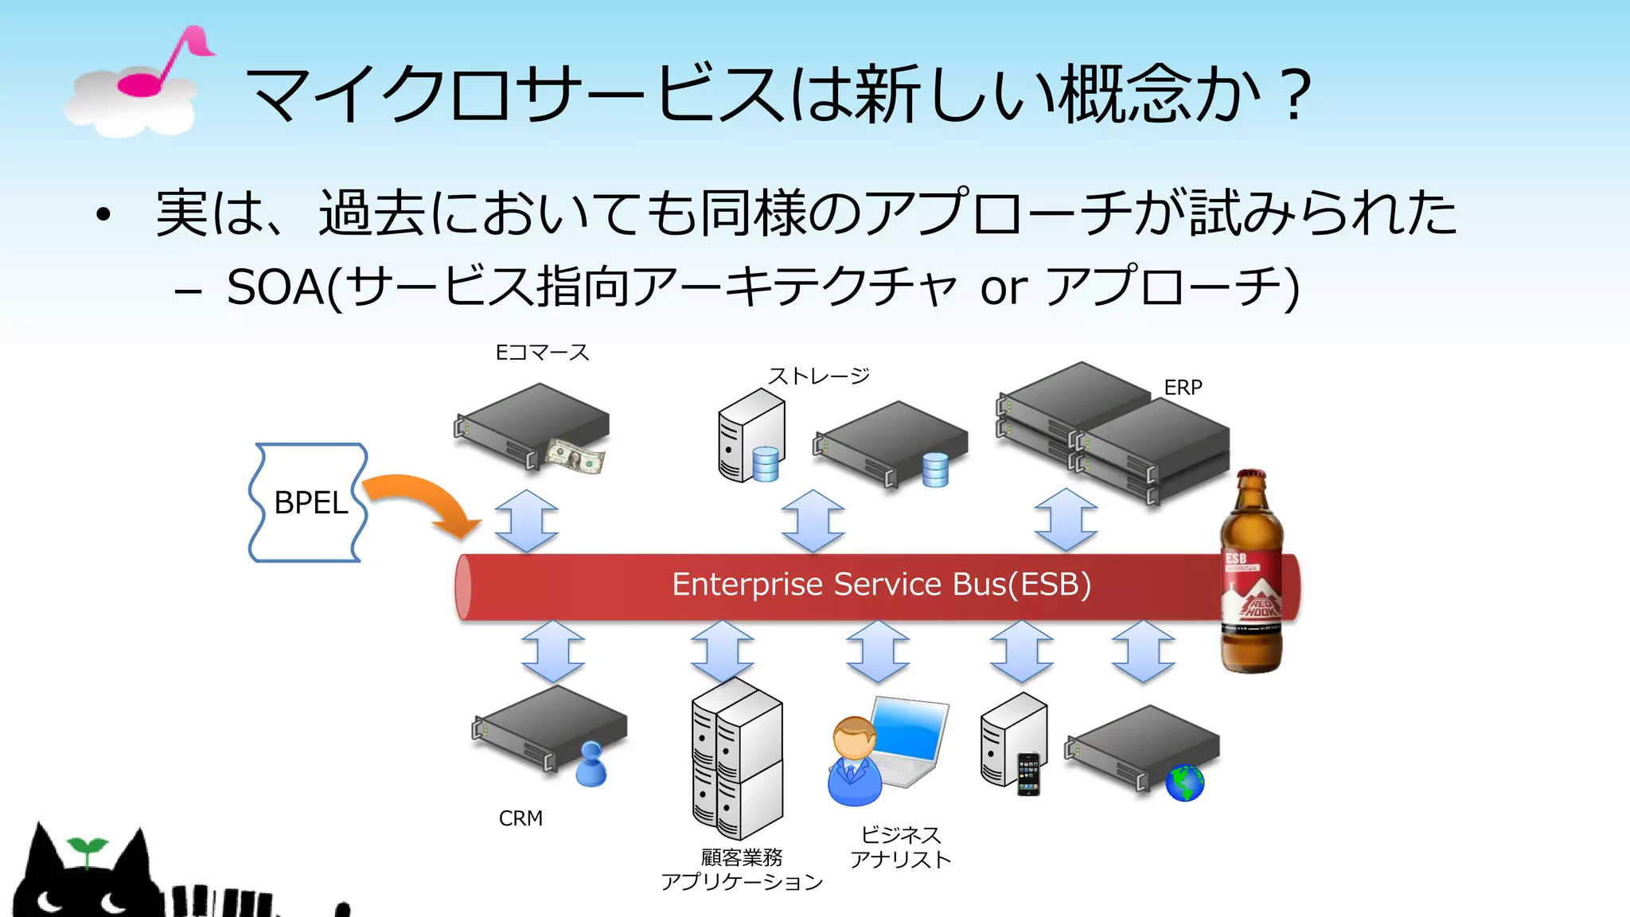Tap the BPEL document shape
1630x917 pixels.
tap(309, 503)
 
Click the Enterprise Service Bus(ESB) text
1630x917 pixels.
tap(881, 584)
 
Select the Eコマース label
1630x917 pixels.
tap(542, 353)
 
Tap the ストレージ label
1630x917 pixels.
tap(818, 376)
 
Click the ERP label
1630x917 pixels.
tap(1183, 388)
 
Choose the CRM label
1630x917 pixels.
tap(521, 818)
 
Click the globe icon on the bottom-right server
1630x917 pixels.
tap(1184, 783)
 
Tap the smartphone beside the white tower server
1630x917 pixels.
tap(1028, 775)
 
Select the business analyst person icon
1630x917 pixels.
tap(854, 761)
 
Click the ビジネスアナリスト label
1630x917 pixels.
tap(900, 848)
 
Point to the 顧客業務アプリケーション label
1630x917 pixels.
tap(741, 870)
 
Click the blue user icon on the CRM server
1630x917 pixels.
tap(591, 765)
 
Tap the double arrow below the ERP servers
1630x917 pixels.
tap(1066, 521)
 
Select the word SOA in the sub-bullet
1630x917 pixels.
tap(275, 287)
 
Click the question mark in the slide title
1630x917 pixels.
tap(1297, 95)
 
